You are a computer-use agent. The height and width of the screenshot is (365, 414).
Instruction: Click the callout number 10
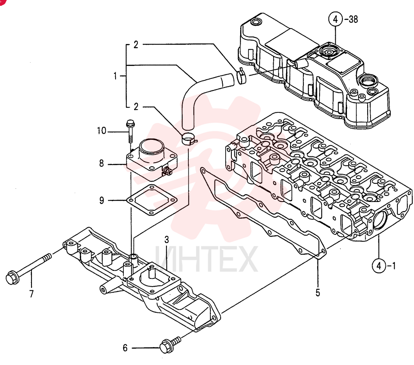[102, 131]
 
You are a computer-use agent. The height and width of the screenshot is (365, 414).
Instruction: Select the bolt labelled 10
[130, 131]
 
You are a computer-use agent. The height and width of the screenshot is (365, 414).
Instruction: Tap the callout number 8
[102, 164]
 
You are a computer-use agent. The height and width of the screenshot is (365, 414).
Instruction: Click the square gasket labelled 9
[152, 200]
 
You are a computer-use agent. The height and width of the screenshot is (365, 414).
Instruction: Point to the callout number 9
[102, 200]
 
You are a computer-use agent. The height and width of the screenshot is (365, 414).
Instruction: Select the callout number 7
[31, 294]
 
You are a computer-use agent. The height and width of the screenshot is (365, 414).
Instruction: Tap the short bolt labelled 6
[170, 345]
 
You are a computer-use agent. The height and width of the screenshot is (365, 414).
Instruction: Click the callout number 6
[125, 348]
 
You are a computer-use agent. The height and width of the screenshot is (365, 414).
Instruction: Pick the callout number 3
[166, 240]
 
